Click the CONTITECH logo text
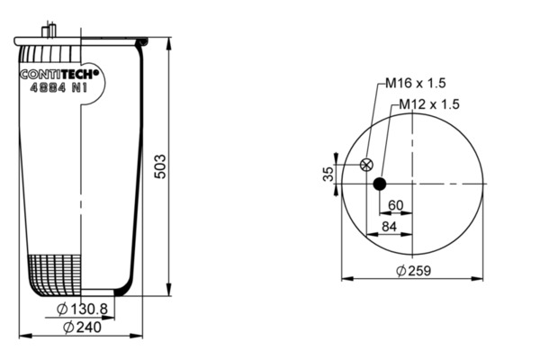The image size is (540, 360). (x=59, y=75)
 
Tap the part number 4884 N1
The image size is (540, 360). (x=58, y=88)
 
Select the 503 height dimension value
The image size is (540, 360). (x=160, y=166)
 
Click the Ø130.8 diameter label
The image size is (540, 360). (x=82, y=309)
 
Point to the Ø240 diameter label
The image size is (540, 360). (x=83, y=327)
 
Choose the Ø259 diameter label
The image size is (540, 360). (x=414, y=271)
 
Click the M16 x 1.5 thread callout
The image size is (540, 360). (x=415, y=83)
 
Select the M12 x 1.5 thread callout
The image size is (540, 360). (x=429, y=104)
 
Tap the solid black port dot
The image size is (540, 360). (x=380, y=184)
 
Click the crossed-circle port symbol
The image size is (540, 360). (x=366, y=165)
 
